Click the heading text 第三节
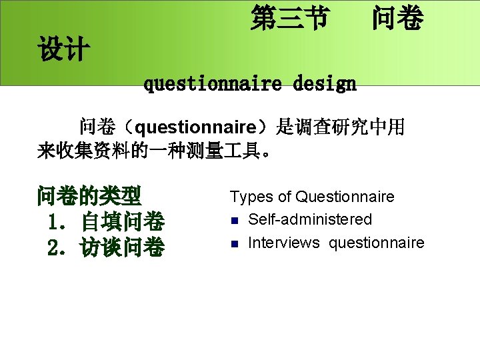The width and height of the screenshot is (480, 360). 289,19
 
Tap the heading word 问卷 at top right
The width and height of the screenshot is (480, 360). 397,19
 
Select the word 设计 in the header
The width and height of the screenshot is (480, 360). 64,50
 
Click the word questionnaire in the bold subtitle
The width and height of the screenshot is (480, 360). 212,85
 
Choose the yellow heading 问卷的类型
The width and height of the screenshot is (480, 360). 89,197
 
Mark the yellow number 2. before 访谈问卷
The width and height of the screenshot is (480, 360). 58,247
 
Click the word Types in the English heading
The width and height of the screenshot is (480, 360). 252,197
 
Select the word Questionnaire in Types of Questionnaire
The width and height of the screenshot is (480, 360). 345,197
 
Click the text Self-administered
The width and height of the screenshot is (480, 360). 310,219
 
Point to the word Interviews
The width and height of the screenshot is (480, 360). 283,243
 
